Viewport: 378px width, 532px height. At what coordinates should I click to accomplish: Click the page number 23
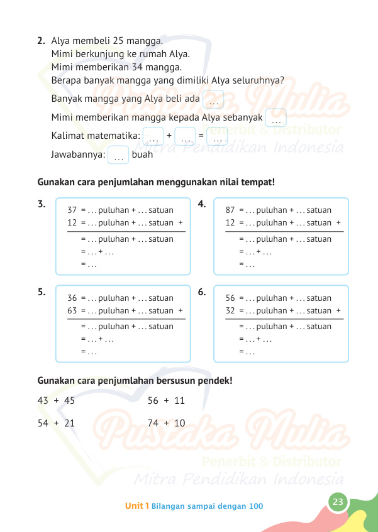click(x=338, y=501)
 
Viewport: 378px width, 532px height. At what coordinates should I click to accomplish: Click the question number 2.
click(x=41, y=41)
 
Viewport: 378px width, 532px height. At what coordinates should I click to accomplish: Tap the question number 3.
click(x=41, y=204)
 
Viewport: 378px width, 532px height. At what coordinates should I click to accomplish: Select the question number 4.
click(x=201, y=204)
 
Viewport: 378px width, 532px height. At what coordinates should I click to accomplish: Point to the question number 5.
click(x=41, y=291)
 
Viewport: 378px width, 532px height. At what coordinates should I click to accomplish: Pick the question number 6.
click(x=201, y=291)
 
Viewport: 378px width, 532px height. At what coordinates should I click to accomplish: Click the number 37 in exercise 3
click(x=72, y=210)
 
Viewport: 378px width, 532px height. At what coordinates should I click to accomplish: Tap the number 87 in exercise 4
click(x=230, y=210)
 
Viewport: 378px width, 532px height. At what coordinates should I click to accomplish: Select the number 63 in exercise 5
click(x=72, y=310)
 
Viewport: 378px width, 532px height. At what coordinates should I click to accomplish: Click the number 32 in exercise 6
click(x=230, y=310)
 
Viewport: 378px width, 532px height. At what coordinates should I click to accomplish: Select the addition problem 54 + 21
click(x=56, y=423)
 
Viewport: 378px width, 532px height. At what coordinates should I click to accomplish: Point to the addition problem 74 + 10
click(x=166, y=423)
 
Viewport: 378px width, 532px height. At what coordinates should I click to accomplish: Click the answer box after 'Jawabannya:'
click(x=118, y=155)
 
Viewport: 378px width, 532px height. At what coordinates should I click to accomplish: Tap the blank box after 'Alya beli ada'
click(x=214, y=100)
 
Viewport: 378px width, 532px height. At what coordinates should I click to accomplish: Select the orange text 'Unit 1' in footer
click(x=136, y=506)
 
